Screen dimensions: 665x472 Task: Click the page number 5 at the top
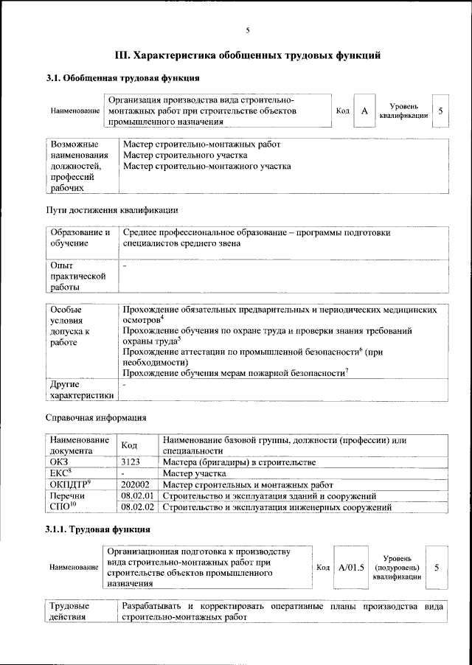pyautogui.click(x=248, y=30)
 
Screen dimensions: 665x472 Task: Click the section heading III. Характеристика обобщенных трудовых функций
pyautogui.click(x=248, y=55)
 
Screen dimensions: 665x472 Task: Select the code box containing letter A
pyautogui.click(x=364, y=111)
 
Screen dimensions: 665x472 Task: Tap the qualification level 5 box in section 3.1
pyautogui.click(x=440, y=111)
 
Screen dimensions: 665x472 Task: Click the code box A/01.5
pyautogui.click(x=351, y=568)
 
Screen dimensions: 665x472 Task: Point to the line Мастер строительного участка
pyautogui.click(x=185, y=156)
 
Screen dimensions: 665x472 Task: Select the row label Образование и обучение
pyautogui.click(x=80, y=238)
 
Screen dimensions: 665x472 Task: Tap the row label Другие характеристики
pyautogui.click(x=80, y=390)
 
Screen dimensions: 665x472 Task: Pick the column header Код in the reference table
pyautogui.click(x=129, y=445)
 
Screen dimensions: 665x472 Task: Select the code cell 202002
pyautogui.click(x=136, y=485)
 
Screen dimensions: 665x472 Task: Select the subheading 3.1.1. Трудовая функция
pyautogui.click(x=98, y=529)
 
